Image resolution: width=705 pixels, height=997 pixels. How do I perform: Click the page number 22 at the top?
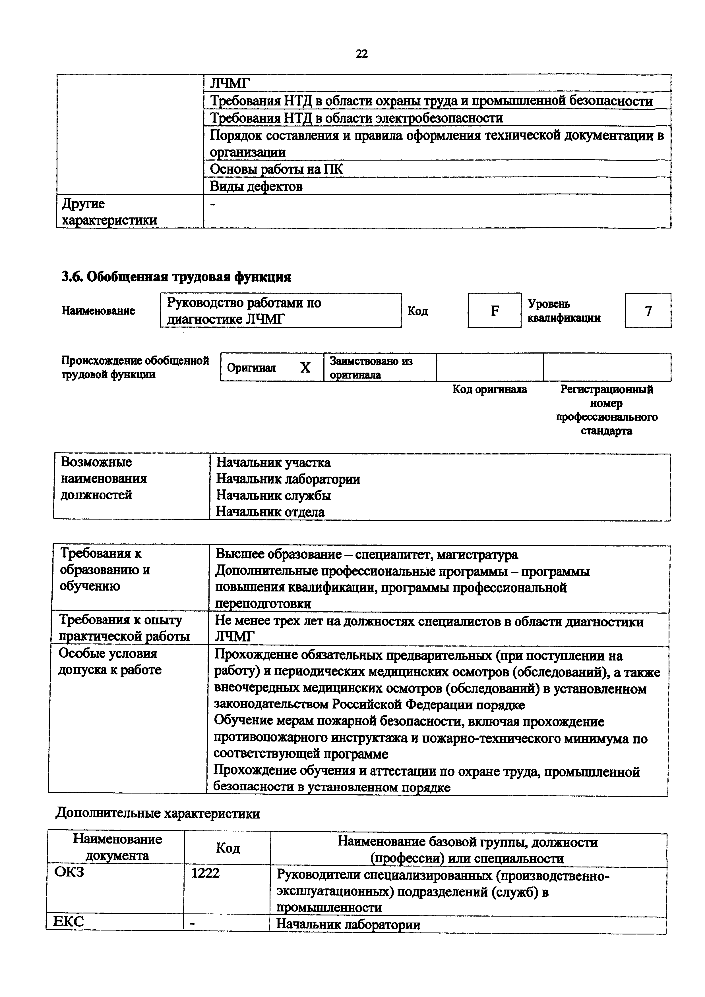click(x=361, y=53)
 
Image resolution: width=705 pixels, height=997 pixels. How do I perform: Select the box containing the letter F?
click(x=494, y=310)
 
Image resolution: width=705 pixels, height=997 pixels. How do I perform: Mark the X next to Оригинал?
click(x=305, y=368)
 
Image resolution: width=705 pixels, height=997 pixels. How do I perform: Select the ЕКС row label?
click(x=69, y=921)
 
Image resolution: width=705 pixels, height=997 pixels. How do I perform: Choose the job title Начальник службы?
click(x=274, y=495)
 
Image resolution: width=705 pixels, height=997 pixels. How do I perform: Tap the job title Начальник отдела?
click(x=270, y=512)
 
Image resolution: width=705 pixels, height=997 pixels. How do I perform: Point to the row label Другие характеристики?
click(x=109, y=212)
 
